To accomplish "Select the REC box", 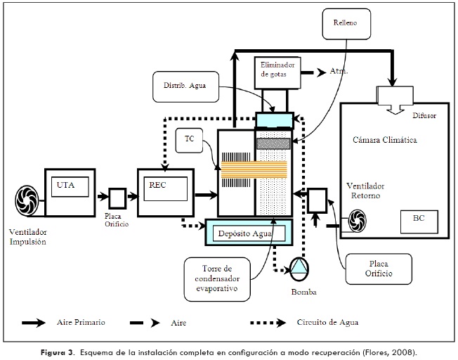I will pos(164,186).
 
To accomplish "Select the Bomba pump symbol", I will pos(300,266).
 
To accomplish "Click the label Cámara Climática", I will pos(386,141).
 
